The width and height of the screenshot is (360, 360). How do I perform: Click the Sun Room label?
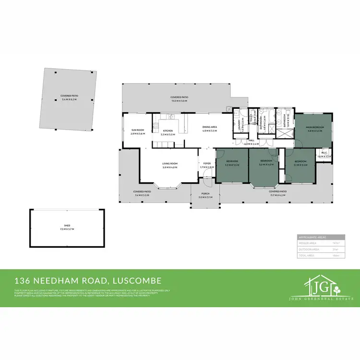138,130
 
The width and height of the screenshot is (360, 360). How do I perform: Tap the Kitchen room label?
168,131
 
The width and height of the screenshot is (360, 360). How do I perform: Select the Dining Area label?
210,127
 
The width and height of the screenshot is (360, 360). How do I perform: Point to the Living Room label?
170,164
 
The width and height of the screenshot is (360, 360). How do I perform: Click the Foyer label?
207,164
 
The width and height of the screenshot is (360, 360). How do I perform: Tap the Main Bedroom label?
315,127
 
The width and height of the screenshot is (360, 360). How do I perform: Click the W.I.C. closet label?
325,154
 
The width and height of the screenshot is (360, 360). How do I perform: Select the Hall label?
252,141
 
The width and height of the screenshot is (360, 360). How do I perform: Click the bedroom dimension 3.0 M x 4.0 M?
266,164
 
